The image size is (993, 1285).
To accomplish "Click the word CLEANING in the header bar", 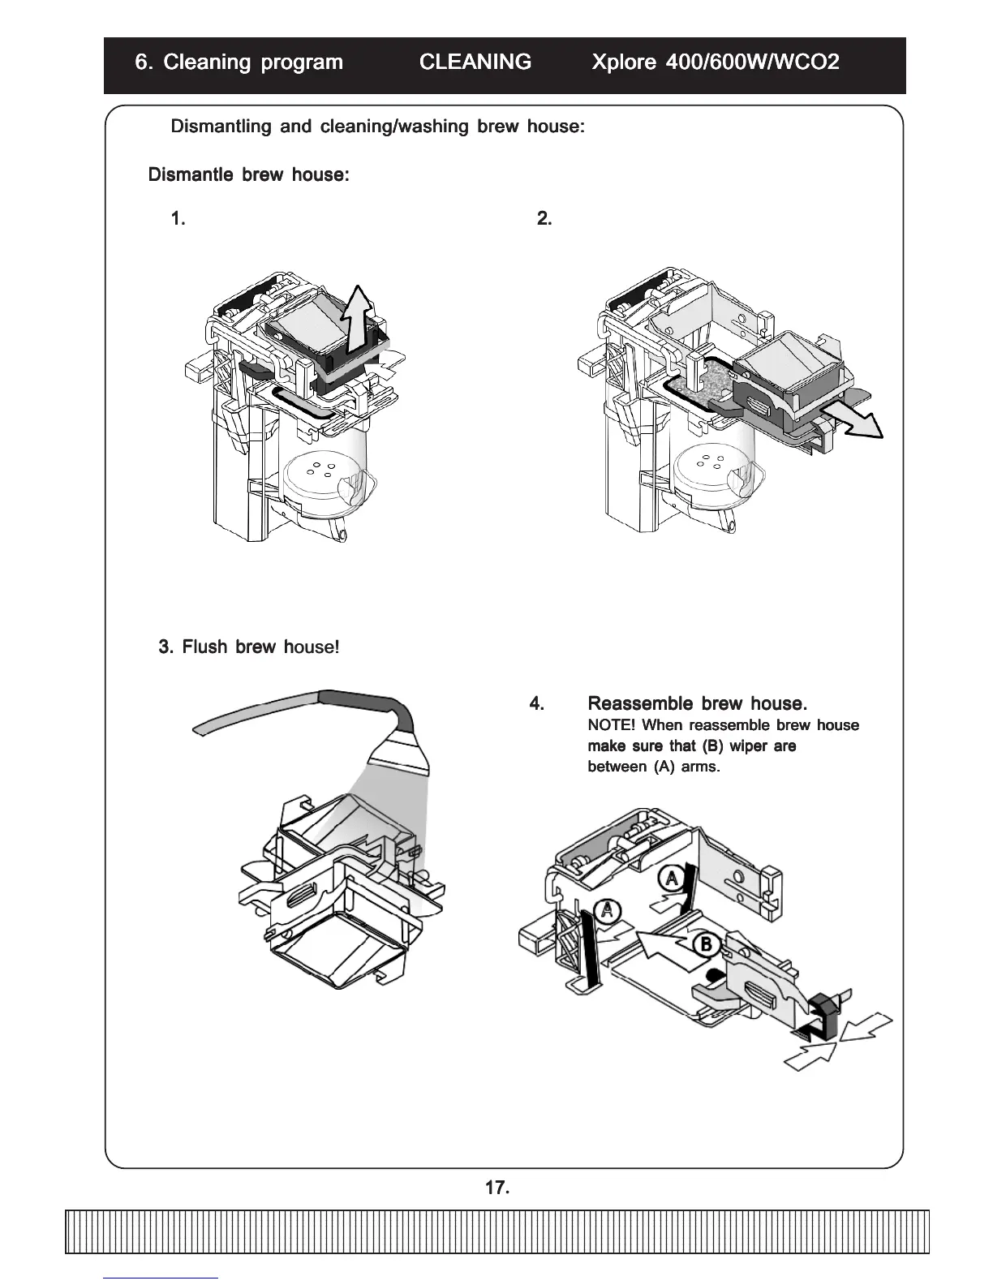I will (x=475, y=62).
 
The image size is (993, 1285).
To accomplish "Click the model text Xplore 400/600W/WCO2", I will (x=716, y=62).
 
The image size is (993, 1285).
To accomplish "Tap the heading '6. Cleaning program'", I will (x=239, y=62).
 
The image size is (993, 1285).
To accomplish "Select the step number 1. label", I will (x=178, y=219).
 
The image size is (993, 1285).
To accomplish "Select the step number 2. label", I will (x=544, y=219).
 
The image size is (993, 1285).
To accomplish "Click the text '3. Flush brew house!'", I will (x=249, y=647).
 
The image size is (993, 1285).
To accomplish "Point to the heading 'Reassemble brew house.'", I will (x=697, y=703).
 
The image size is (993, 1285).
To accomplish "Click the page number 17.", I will (x=496, y=1188).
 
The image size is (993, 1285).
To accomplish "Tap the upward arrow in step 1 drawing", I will (x=357, y=320).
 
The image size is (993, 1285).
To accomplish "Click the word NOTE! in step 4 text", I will (x=611, y=725).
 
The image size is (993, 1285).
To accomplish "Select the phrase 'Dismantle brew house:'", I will (x=248, y=175).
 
